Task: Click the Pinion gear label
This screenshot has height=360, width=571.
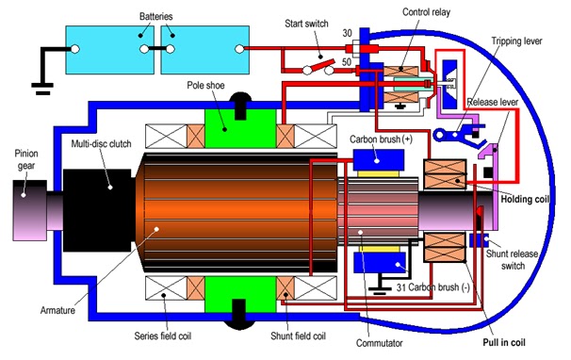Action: [x=26, y=159]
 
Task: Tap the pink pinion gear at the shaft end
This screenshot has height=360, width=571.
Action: [x=30, y=210]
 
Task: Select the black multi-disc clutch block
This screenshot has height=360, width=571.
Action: [x=97, y=210]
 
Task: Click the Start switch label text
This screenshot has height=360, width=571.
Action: [x=306, y=24]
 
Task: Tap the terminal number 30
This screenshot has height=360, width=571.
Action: [x=347, y=33]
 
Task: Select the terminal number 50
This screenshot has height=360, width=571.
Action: [x=347, y=62]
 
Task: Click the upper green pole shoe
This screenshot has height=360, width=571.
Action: [x=240, y=128]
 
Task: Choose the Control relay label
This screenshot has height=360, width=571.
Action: [x=426, y=12]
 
